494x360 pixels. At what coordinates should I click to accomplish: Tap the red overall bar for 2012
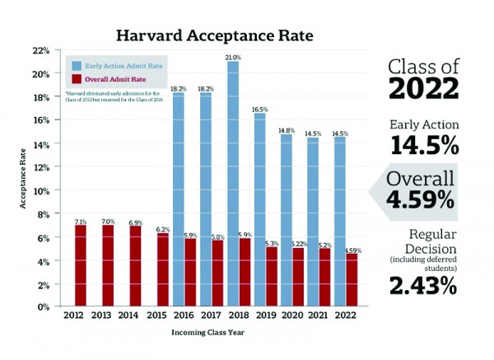[81, 264]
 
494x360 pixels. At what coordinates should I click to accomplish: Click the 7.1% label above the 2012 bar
[81, 221]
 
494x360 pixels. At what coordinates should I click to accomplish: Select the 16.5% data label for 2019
[260, 109]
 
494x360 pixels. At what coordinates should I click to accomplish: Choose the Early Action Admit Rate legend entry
[123, 65]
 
